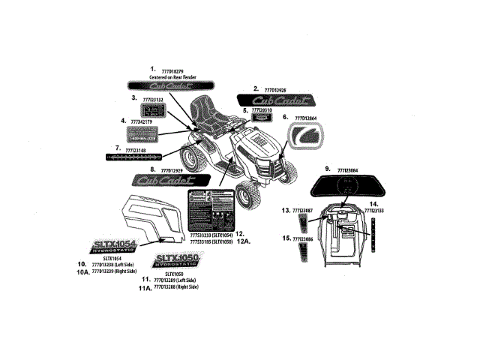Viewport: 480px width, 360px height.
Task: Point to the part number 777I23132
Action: click(154, 98)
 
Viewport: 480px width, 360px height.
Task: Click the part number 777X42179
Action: click(146, 121)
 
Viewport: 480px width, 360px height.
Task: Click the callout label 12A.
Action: click(245, 242)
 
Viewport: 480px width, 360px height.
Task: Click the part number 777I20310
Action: click(262, 110)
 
